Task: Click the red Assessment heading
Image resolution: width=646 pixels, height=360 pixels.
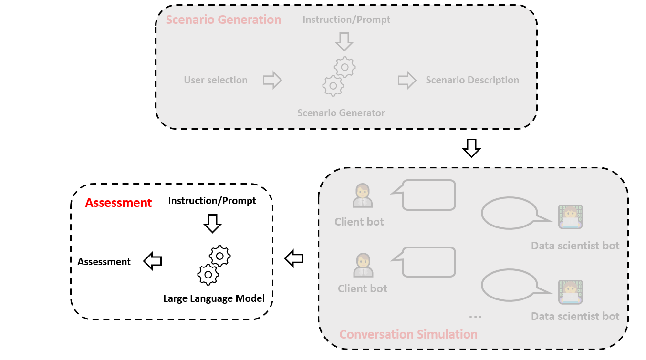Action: [118, 203]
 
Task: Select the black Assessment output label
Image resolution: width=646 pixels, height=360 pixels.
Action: [104, 261]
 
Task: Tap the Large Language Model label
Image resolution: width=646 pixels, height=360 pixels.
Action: [214, 298]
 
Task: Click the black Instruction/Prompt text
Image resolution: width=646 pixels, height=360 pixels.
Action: [212, 201]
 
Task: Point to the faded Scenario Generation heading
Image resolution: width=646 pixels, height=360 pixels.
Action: [223, 20]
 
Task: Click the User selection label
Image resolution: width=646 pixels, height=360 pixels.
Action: [216, 80]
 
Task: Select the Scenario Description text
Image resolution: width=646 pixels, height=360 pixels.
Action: [472, 80]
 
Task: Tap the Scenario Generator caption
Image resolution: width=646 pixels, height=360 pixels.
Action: [341, 113]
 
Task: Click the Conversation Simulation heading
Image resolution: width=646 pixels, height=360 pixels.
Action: [408, 334]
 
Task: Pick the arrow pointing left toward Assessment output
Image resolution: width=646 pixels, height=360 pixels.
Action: [153, 261]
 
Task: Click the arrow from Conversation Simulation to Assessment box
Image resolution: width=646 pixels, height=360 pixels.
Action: [294, 258]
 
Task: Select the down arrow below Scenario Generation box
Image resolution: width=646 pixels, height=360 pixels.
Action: [471, 148]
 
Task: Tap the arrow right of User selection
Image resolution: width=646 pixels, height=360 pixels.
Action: [272, 80]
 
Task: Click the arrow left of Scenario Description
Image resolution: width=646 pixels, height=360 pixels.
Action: [407, 80]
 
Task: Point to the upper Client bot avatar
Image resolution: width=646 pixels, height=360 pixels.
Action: [363, 195]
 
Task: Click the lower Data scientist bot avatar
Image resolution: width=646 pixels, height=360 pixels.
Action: [571, 292]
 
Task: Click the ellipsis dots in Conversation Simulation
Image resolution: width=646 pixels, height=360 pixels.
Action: [475, 317]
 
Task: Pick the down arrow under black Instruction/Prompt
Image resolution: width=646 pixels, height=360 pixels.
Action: [212, 223]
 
